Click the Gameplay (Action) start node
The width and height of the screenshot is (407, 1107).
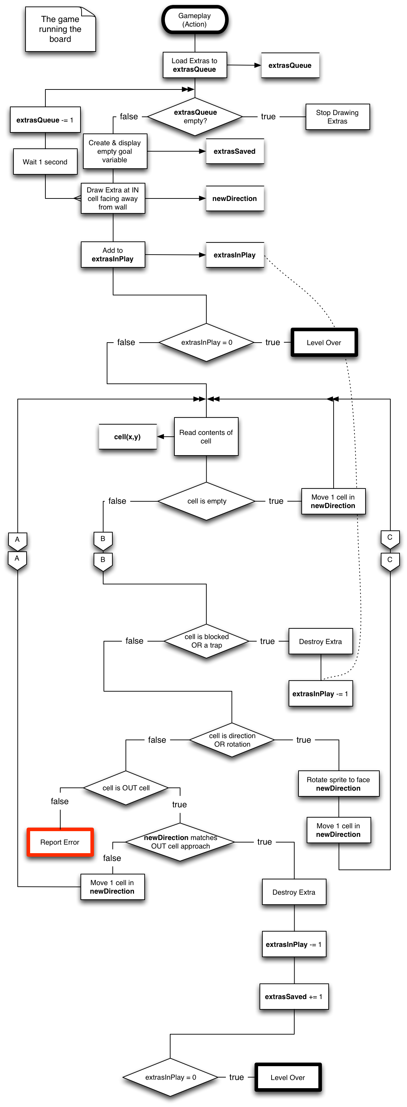(x=195, y=20)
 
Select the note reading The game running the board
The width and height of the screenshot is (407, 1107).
(x=60, y=29)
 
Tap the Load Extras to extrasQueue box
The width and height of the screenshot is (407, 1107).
(x=195, y=65)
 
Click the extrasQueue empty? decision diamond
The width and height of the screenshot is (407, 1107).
(x=195, y=116)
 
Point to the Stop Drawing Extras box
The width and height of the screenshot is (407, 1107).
(x=338, y=117)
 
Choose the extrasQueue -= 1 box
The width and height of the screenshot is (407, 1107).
(x=45, y=120)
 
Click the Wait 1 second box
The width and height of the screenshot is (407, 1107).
(x=45, y=162)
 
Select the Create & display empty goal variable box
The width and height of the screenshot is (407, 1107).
(x=115, y=151)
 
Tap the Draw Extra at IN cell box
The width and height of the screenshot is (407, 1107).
(x=112, y=198)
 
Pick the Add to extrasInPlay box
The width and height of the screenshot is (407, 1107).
(x=112, y=255)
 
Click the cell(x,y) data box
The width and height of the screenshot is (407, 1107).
(x=128, y=437)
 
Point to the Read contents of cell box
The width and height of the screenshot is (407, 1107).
(x=206, y=437)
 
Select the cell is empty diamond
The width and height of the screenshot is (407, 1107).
(x=206, y=501)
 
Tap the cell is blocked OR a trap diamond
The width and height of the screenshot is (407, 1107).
(x=206, y=641)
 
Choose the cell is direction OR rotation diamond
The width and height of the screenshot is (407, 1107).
(x=232, y=740)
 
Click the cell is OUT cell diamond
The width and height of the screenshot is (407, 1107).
(x=126, y=788)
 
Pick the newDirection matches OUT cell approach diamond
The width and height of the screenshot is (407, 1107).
(x=180, y=842)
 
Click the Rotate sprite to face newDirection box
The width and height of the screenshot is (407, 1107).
(x=338, y=784)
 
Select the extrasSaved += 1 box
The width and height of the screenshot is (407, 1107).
(x=294, y=997)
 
